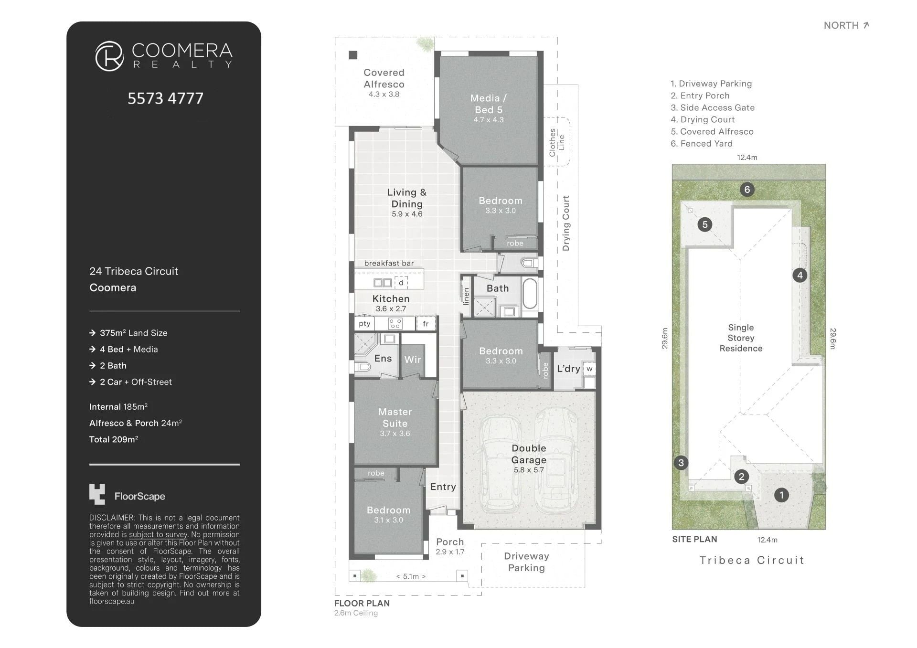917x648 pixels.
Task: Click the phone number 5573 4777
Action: [x=165, y=98]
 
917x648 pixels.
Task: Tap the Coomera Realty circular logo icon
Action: [x=109, y=56]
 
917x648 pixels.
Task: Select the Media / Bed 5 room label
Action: [x=488, y=104]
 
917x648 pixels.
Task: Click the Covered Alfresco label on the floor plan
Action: [x=384, y=78]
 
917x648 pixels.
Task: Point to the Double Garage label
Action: [x=529, y=454]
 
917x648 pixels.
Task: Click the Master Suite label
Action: [x=395, y=417]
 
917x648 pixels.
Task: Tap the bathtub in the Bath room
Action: [x=530, y=295]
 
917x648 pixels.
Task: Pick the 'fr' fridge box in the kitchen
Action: [x=426, y=324]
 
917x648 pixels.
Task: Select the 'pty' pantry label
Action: [x=364, y=324]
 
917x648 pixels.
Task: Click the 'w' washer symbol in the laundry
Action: [x=589, y=369]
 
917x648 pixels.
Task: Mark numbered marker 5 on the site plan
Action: [x=705, y=224]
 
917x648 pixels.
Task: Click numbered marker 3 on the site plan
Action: [x=681, y=462]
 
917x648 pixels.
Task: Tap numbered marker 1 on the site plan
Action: [x=781, y=495]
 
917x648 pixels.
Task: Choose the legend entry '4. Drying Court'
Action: [x=703, y=119]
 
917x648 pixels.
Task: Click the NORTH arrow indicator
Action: [x=866, y=25]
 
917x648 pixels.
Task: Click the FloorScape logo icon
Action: [x=97, y=494]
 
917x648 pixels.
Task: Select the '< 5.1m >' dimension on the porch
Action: [x=411, y=576]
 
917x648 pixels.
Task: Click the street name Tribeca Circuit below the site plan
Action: [x=752, y=560]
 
